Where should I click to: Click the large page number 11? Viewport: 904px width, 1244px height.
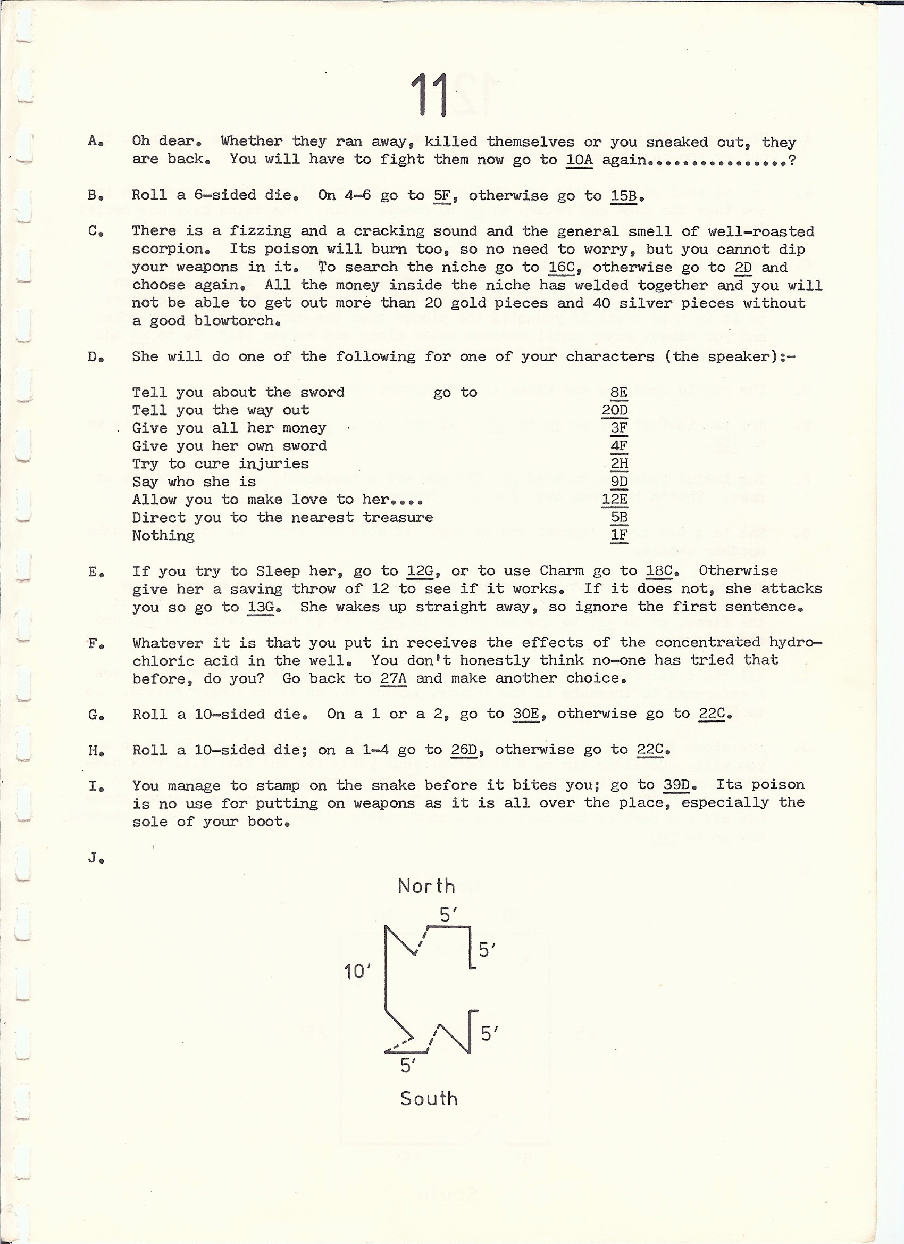tap(430, 95)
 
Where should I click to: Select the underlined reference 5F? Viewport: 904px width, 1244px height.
tap(442, 196)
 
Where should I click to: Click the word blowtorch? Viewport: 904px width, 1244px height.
tap(233, 321)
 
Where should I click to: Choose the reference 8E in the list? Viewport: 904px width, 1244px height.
tap(618, 393)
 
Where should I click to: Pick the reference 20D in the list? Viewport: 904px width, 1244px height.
tap(615, 410)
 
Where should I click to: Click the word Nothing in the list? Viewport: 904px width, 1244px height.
tap(163, 536)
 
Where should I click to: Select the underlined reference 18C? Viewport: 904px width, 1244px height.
tap(659, 571)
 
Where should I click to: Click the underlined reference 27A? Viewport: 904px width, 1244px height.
tap(393, 678)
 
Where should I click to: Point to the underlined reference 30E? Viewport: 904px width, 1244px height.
tap(525, 714)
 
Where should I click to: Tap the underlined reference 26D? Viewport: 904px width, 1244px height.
tap(464, 750)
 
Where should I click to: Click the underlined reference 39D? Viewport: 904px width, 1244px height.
tap(676, 785)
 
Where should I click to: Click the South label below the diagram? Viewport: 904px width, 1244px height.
tap(429, 1099)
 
